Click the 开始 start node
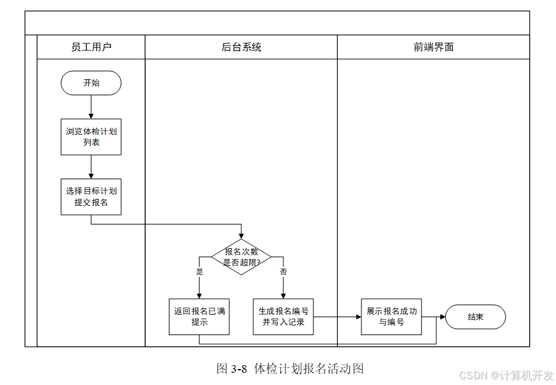(x=91, y=83)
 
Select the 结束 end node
(x=475, y=317)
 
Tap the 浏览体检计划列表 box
(x=91, y=137)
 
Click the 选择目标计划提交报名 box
(x=91, y=197)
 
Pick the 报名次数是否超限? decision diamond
(x=241, y=257)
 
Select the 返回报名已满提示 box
(x=199, y=317)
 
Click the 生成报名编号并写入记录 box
(x=283, y=317)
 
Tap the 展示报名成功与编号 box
(x=392, y=317)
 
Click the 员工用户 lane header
(x=91, y=47)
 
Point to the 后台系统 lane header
(x=241, y=47)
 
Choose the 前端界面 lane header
(x=433, y=47)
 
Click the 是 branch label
(x=200, y=272)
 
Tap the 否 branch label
(x=283, y=272)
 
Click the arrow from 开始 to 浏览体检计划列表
(x=91, y=107)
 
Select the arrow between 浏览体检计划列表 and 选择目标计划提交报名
(x=91, y=167)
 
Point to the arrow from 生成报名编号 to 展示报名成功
(x=337, y=317)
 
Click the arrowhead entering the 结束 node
(x=443, y=317)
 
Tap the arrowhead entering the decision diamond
(x=241, y=237)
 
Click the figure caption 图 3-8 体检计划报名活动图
(x=290, y=369)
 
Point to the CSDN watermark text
(x=506, y=375)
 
